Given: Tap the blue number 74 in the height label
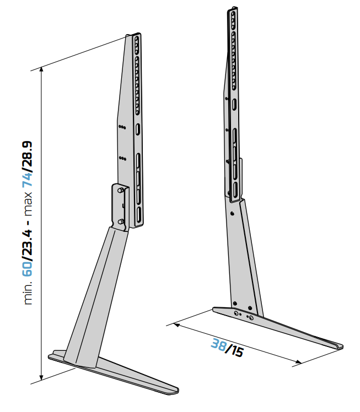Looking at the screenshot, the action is [x=27, y=178].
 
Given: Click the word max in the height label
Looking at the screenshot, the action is [x=28, y=204].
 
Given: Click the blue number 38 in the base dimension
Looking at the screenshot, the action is [x=218, y=344].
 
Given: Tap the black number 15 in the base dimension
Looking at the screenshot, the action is [x=237, y=351].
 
